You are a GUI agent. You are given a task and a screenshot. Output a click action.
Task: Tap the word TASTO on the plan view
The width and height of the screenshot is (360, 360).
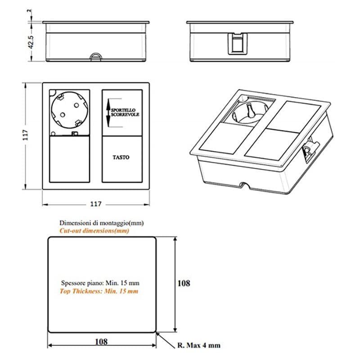[121, 157]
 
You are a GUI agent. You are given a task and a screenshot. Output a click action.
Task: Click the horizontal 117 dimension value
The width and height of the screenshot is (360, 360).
[95, 204]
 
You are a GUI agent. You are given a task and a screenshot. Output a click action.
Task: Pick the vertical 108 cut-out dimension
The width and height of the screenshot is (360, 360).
[184, 283]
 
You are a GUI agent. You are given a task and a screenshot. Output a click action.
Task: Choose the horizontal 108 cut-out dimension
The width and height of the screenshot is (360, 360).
[101, 342]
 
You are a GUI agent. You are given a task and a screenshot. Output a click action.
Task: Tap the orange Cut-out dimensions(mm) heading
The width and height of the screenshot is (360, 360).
[94, 231]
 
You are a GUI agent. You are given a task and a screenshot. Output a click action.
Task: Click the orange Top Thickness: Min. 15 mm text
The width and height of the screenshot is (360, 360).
[99, 292]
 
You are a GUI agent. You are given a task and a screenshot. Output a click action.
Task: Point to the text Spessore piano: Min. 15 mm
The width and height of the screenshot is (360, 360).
[100, 283]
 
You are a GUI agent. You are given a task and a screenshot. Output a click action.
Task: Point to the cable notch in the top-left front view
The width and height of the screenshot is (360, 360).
[96, 57]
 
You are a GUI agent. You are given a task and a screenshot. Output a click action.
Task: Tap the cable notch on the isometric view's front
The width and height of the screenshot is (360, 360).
[245, 185]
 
